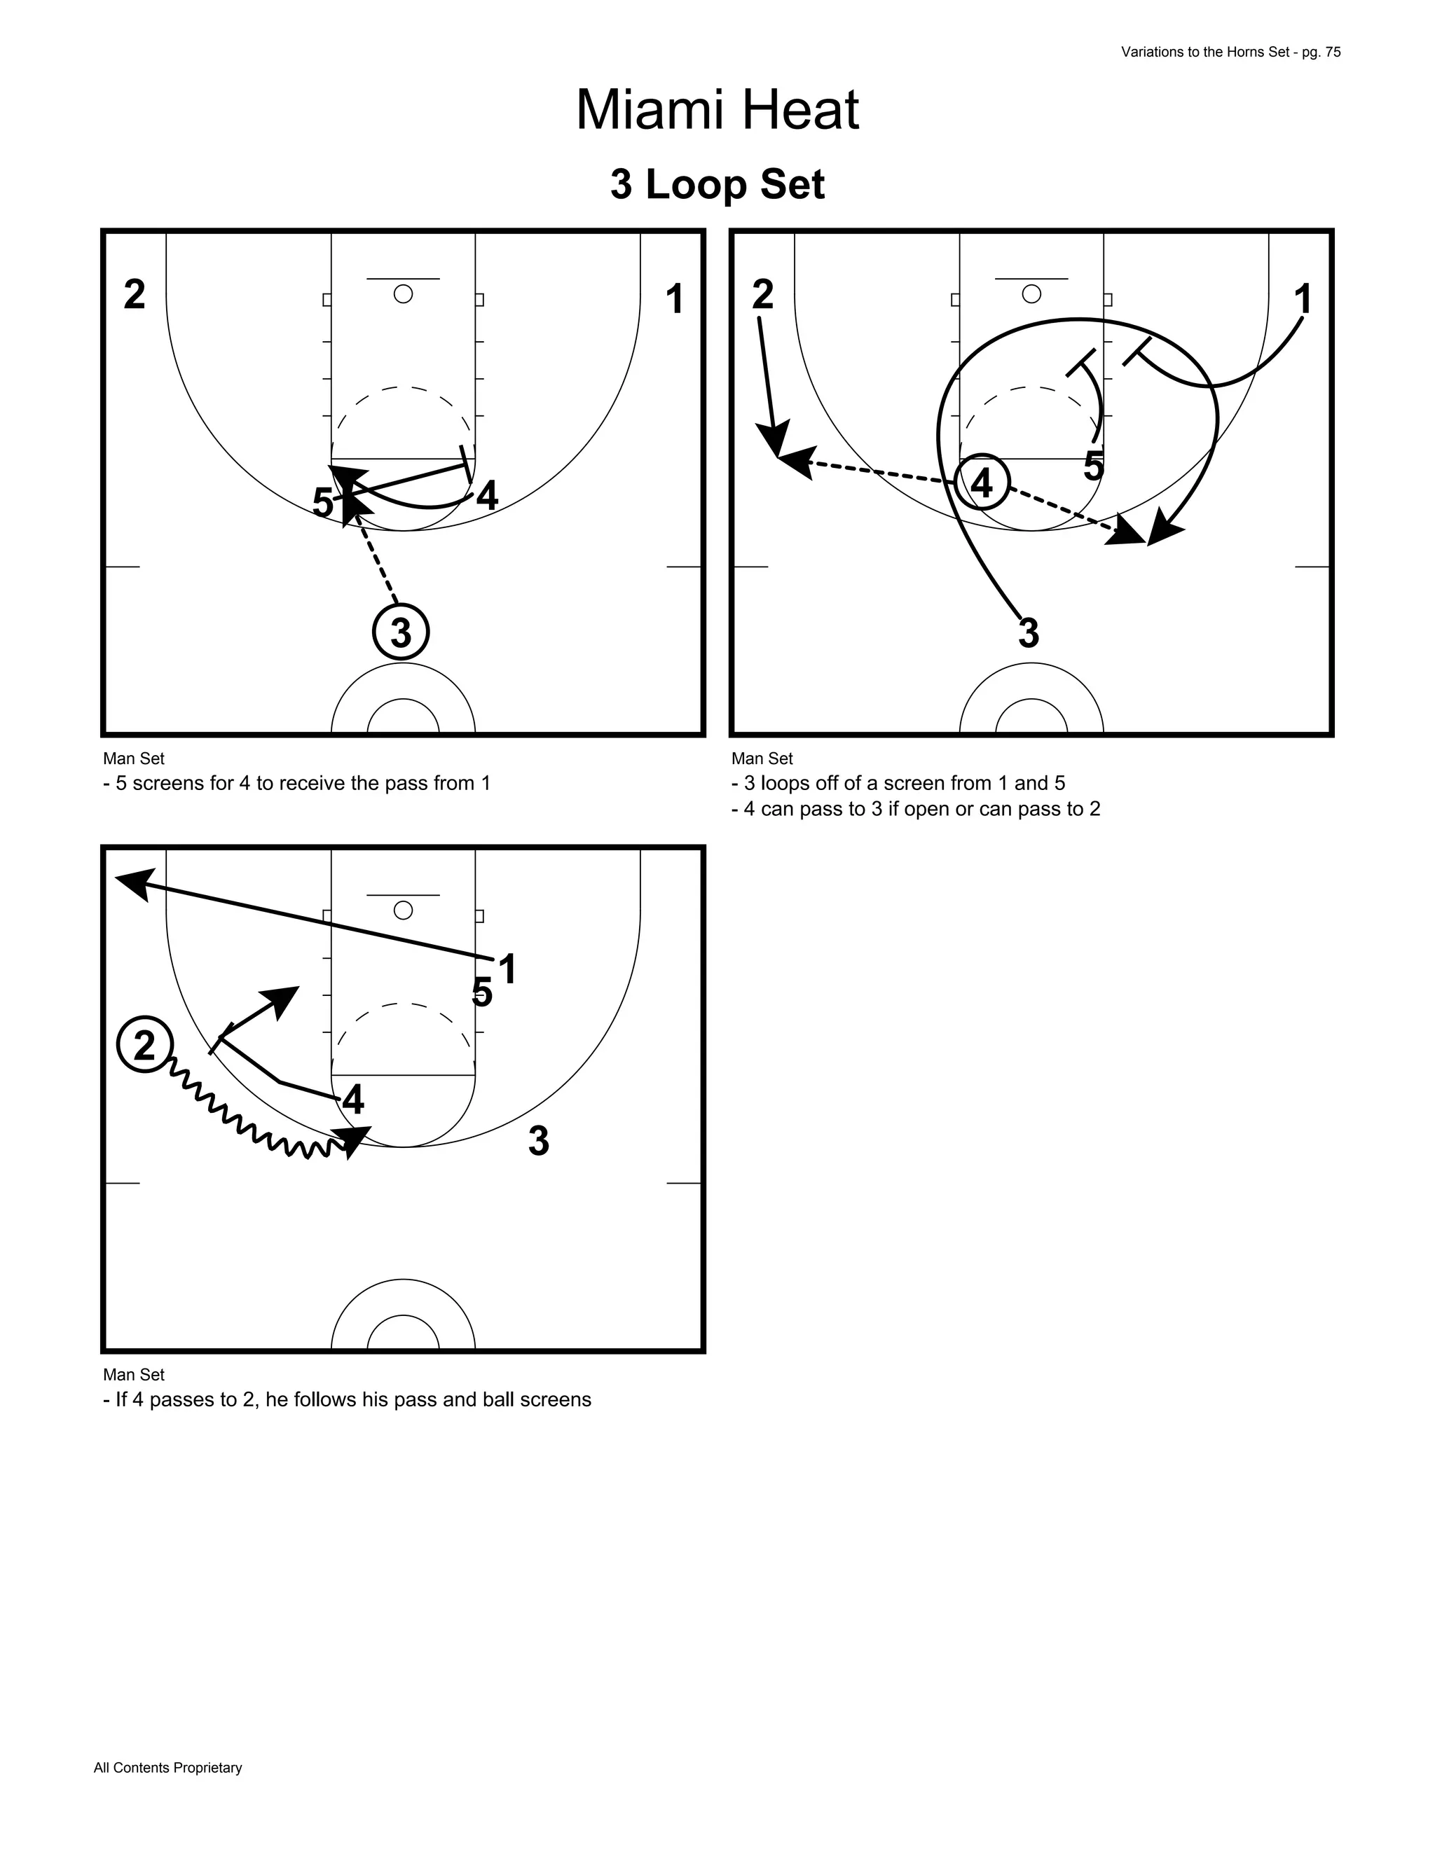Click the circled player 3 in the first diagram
pyautogui.click(x=400, y=632)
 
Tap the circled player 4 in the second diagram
pyautogui.click(x=982, y=483)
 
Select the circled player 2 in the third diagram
pyautogui.click(x=144, y=1044)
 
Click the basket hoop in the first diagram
pyautogui.click(x=403, y=294)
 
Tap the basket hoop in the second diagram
pyautogui.click(x=1031, y=294)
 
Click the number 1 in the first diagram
pyautogui.click(x=674, y=299)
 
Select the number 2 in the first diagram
pyautogui.click(x=135, y=295)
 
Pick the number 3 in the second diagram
pyautogui.click(x=1029, y=633)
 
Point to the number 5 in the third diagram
pyautogui.click(x=481, y=992)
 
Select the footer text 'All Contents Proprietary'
pyautogui.click(x=167, y=1768)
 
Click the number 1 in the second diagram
pyautogui.click(x=1302, y=299)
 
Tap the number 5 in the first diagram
pyautogui.click(x=322, y=502)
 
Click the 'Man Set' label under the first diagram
pyautogui.click(x=133, y=758)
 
